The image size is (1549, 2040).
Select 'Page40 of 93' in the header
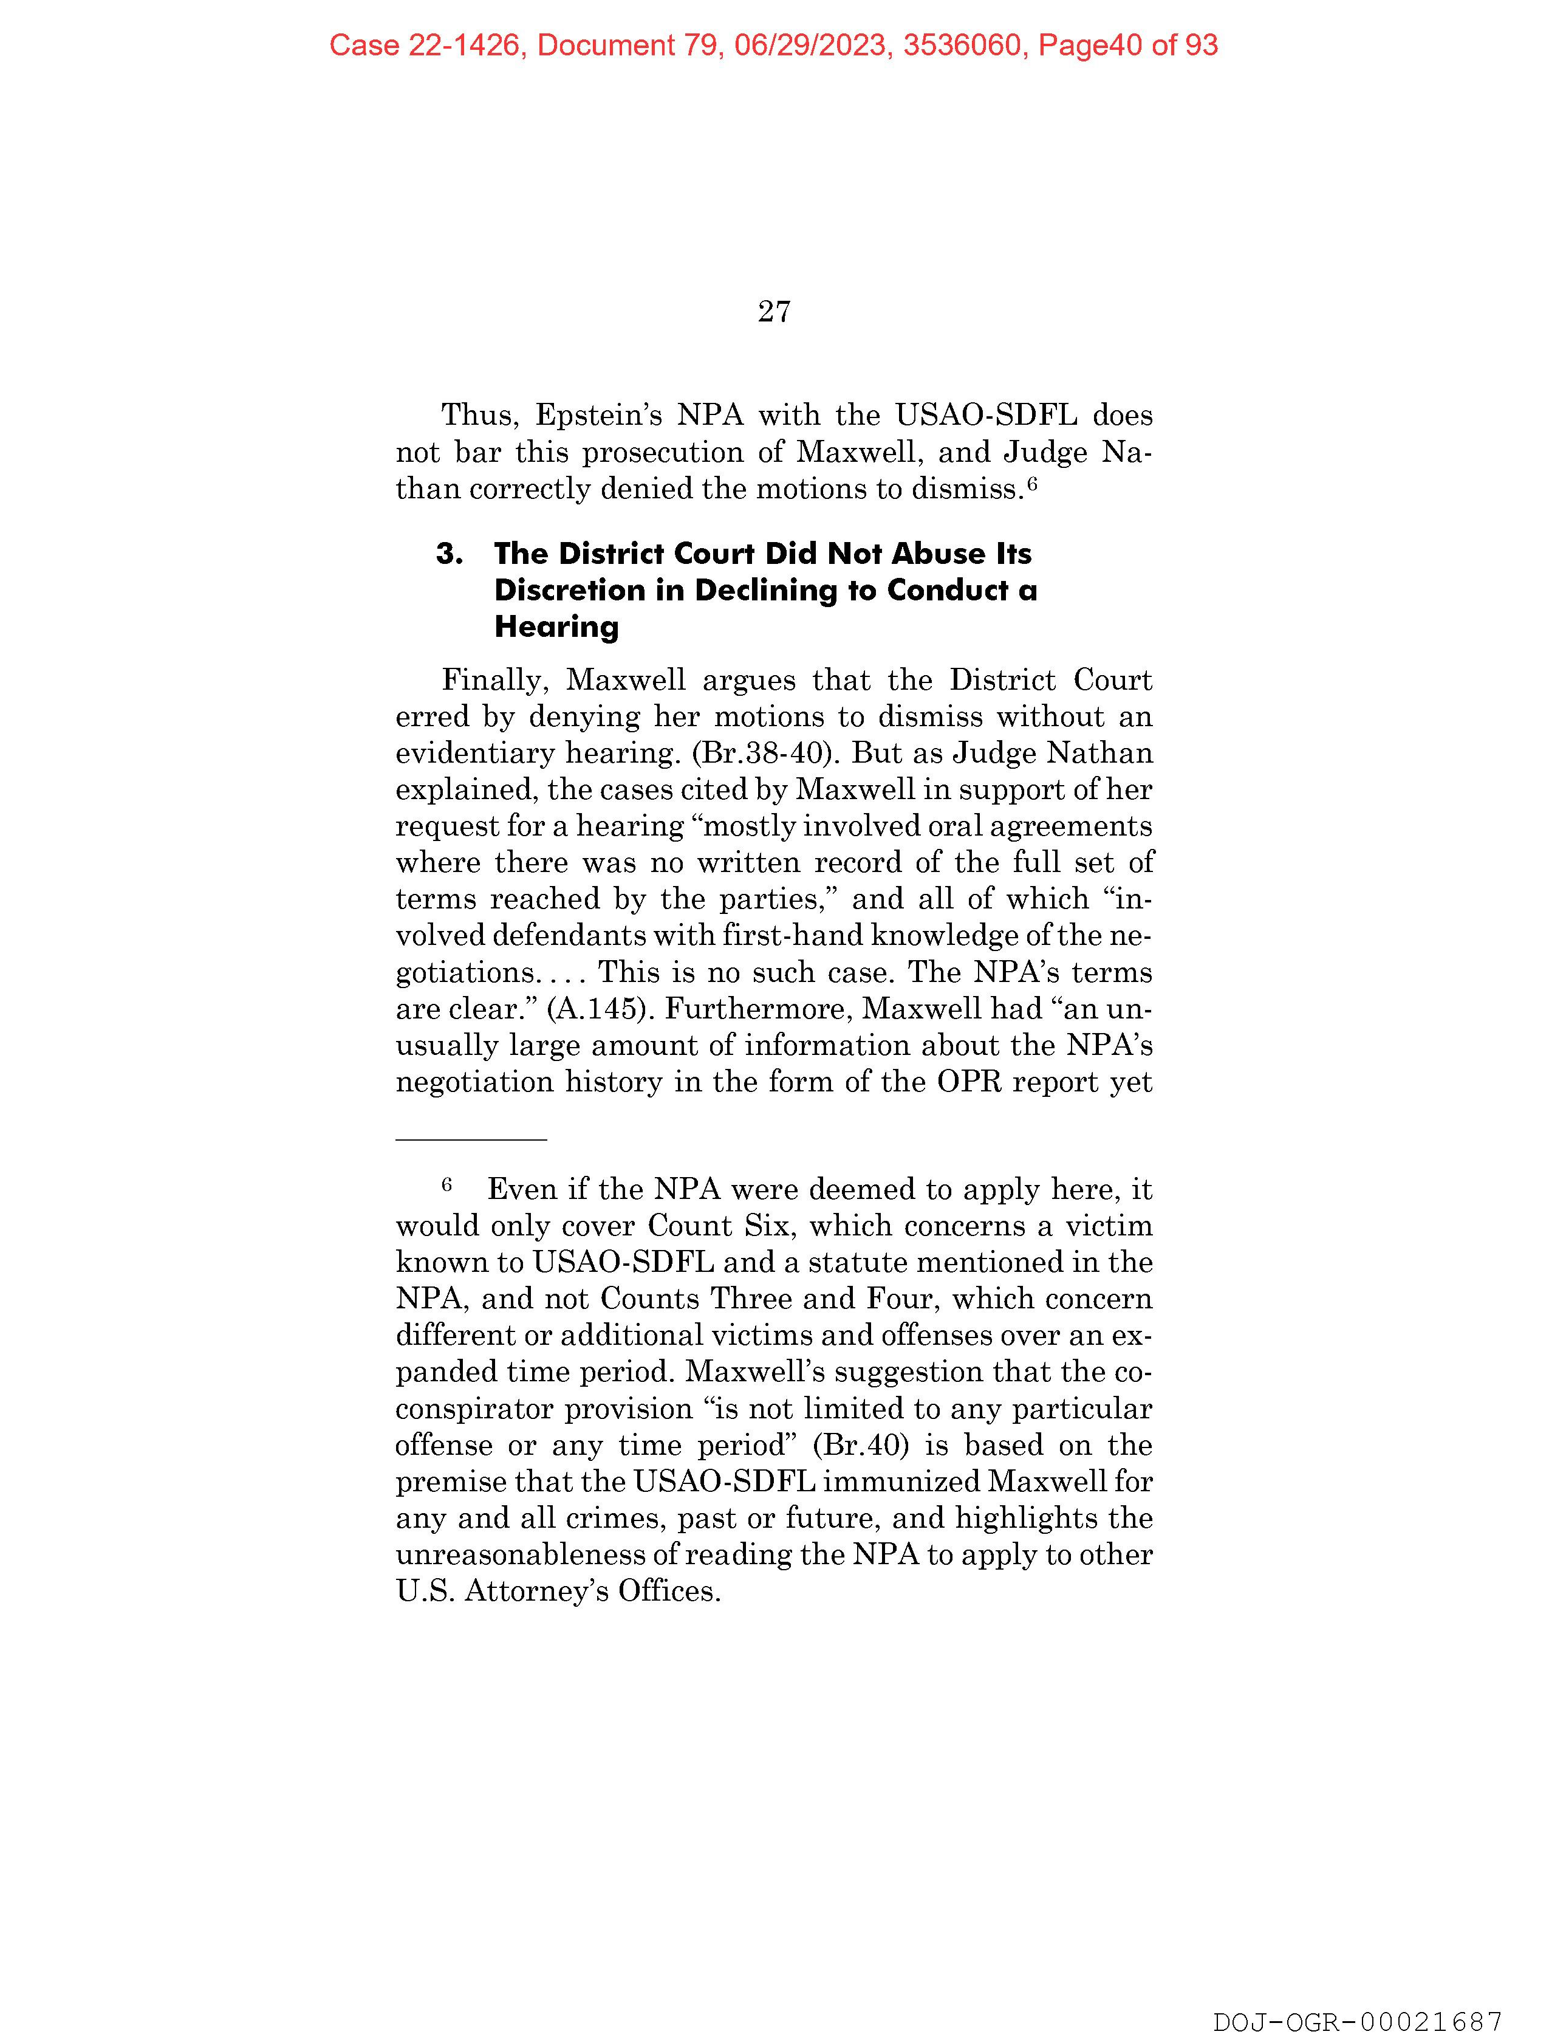point(1127,45)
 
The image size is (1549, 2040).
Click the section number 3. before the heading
point(449,554)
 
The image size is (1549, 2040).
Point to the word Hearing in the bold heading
point(556,627)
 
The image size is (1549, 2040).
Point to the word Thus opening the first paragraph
point(473,415)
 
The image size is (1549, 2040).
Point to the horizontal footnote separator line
point(471,1140)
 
